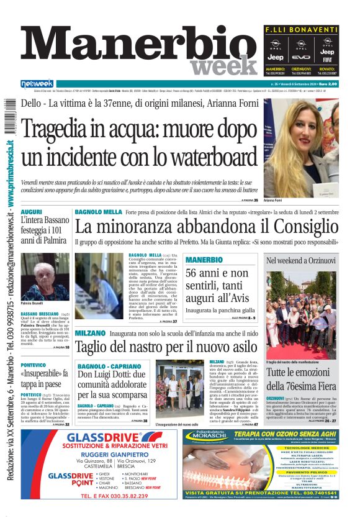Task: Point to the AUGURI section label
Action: click(31, 212)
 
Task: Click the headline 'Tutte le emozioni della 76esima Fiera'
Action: click(301, 380)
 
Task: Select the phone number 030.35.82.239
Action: click(122, 513)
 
